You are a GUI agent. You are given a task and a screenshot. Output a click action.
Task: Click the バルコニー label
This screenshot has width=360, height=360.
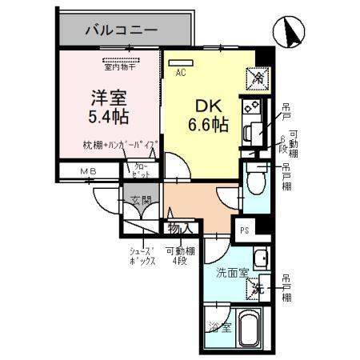click(122, 30)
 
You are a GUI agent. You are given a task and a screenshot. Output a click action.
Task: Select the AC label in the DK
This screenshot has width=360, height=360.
click(182, 72)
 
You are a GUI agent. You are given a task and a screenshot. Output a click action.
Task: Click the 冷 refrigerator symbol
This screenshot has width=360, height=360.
click(260, 77)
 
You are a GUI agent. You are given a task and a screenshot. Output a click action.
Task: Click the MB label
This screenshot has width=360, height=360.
click(87, 171)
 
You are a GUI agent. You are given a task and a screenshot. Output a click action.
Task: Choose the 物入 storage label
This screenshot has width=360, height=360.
click(179, 228)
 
